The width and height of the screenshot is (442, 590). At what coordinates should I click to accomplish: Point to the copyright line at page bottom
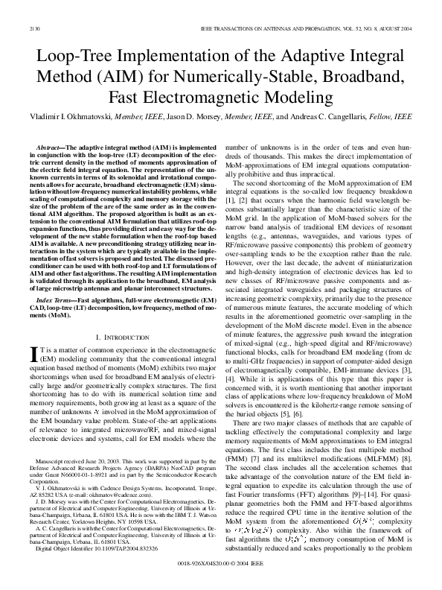pyautogui.click(x=220, y=565)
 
